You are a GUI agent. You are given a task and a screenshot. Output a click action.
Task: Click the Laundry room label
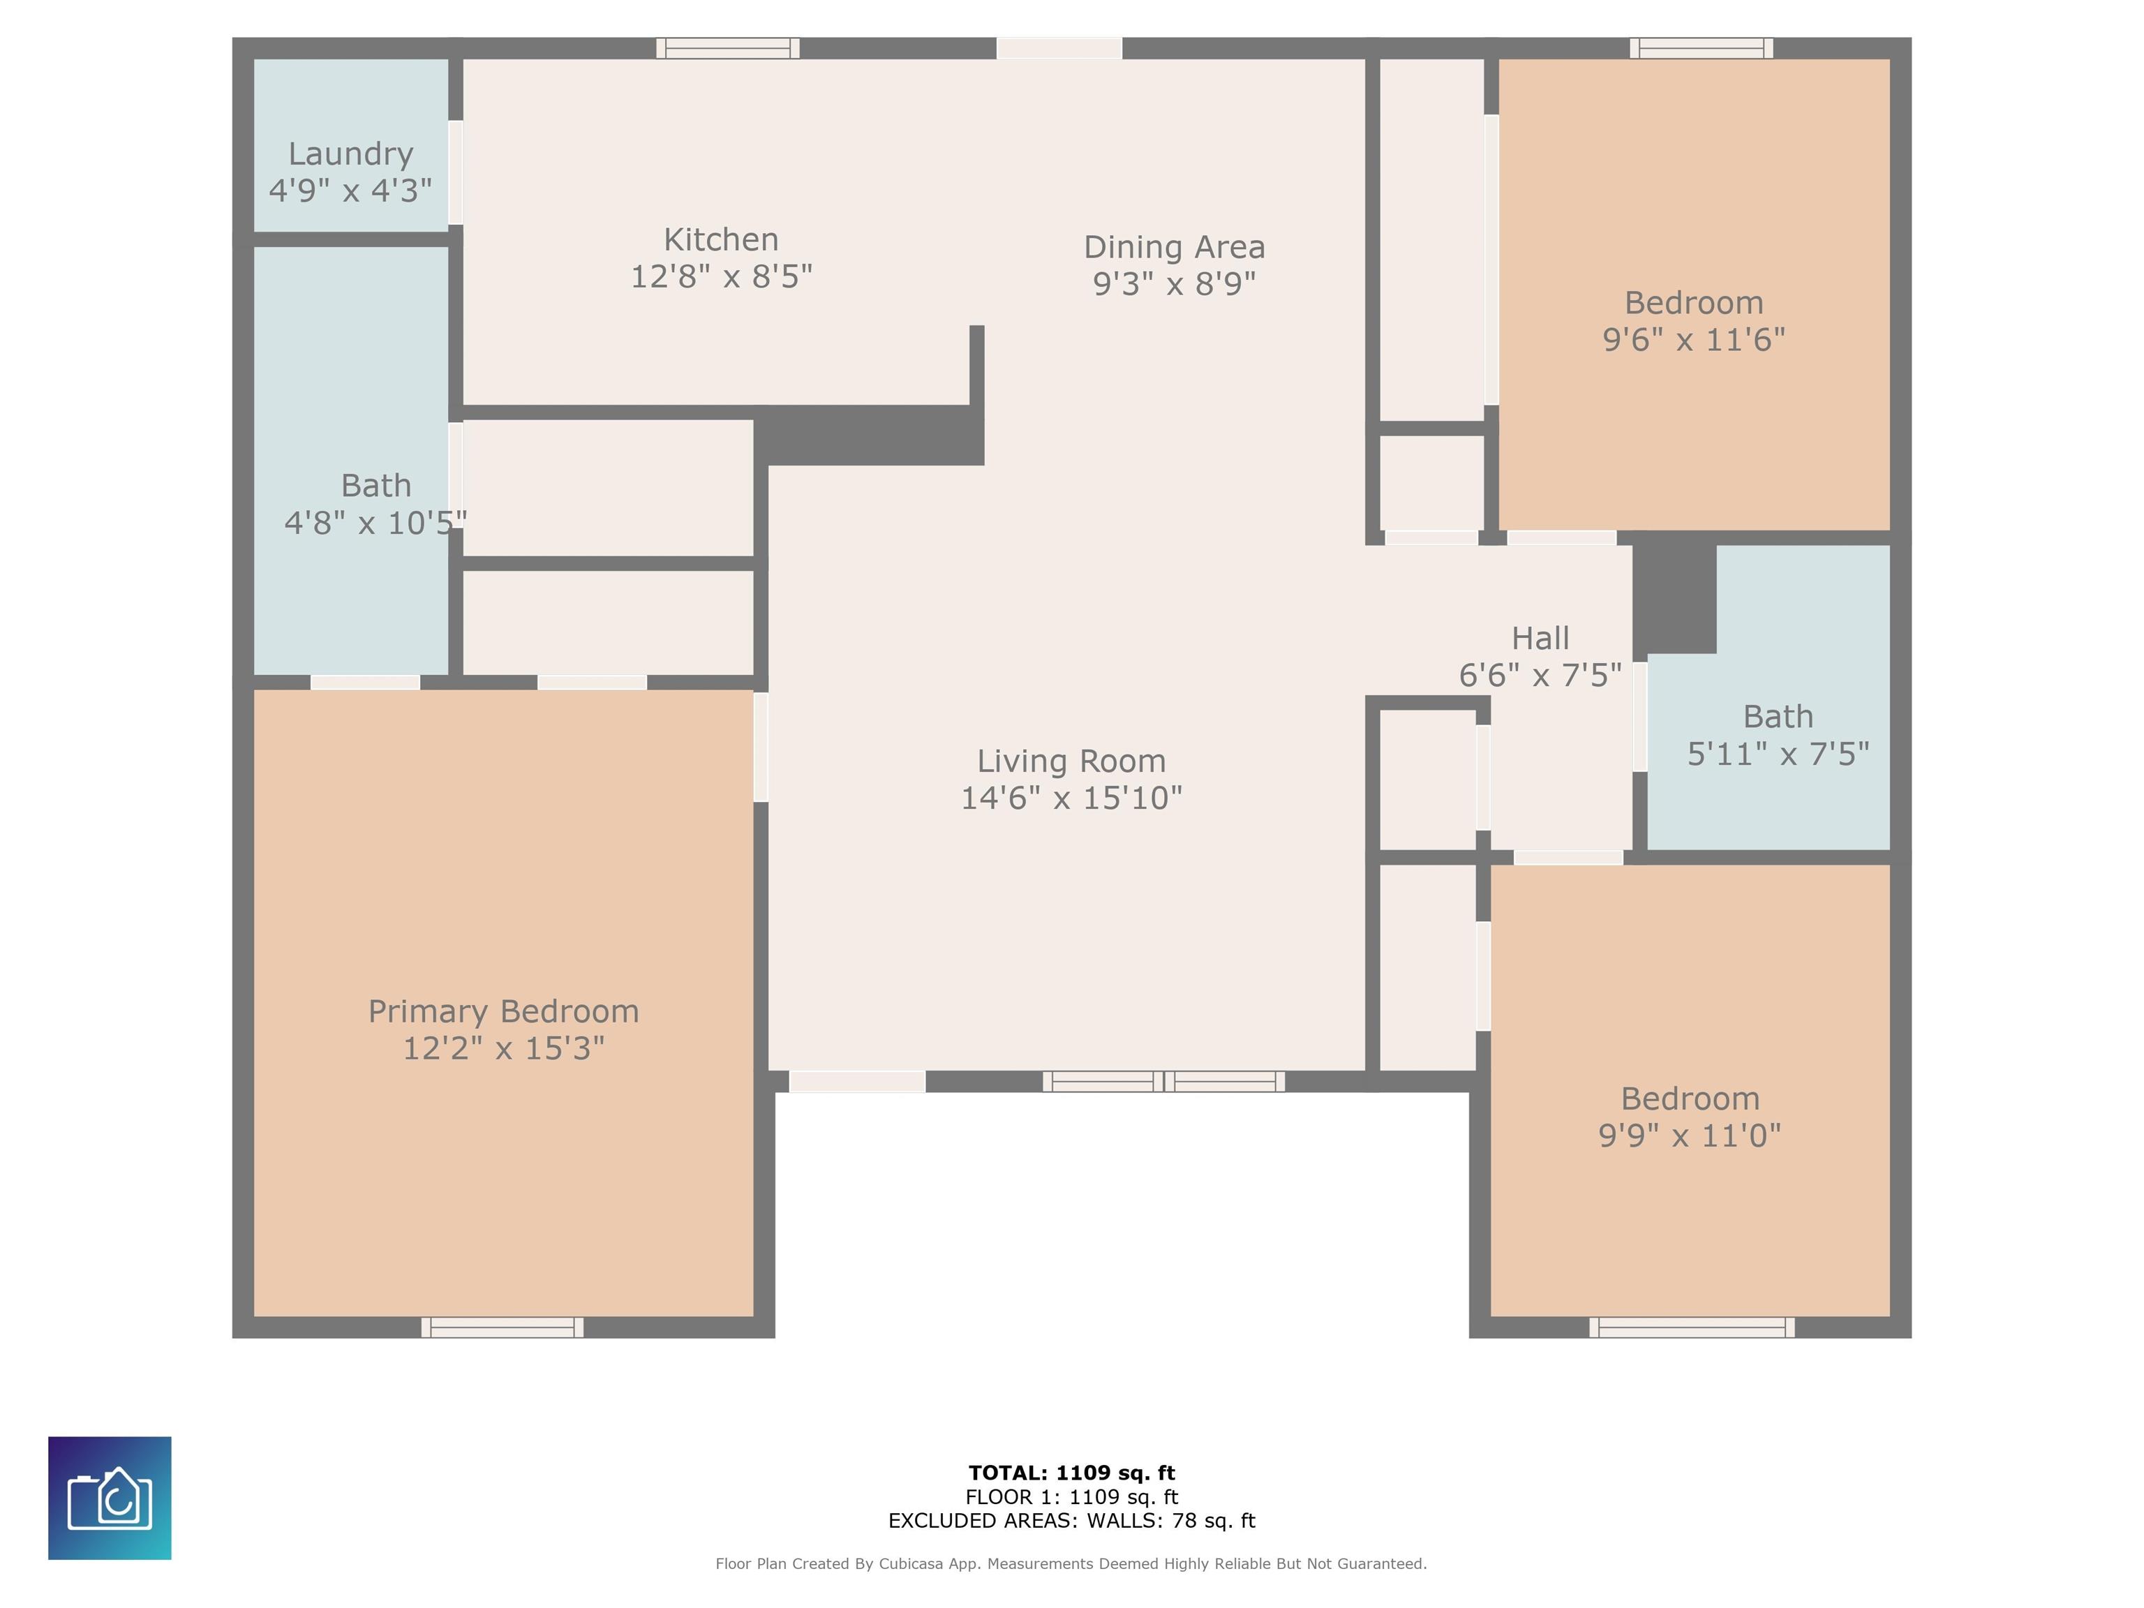[x=351, y=154]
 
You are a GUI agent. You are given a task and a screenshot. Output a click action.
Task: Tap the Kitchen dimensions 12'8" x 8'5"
[x=721, y=277]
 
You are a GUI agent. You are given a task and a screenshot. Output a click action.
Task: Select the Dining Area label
[x=1174, y=247]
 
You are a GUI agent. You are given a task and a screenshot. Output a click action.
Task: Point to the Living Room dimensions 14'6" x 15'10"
[x=1071, y=798]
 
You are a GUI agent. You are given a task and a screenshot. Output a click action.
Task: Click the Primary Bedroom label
[x=503, y=1012]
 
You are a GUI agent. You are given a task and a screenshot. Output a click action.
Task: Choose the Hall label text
[x=1540, y=639]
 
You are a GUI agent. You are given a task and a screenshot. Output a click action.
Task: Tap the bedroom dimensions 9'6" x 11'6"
[x=1693, y=340]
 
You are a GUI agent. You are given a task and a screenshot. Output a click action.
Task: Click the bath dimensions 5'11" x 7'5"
[x=1778, y=754]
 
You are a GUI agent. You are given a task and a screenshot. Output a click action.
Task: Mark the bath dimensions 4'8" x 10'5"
[x=375, y=523]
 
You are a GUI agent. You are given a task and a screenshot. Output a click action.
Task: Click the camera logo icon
[x=110, y=1498]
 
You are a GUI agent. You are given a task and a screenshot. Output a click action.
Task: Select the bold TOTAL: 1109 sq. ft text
[x=1072, y=1473]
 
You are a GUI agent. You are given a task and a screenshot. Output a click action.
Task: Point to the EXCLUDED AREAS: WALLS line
[x=1072, y=1521]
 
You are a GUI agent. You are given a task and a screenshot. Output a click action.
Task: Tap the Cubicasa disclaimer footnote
[x=1071, y=1563]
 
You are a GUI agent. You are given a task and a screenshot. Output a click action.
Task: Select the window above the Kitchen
[x=728, y=48]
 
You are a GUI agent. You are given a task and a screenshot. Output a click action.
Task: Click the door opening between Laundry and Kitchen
[x=456, y=172]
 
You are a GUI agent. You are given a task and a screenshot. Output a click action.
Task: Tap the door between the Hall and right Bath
[x=1640, y=716]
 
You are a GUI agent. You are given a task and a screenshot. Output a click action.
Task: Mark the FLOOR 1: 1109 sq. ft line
[x=1072, y=1498]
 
